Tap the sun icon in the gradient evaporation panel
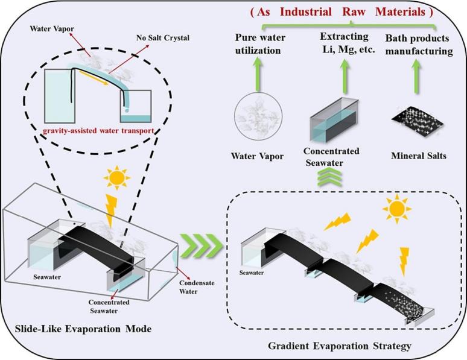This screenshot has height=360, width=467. point(396,210)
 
